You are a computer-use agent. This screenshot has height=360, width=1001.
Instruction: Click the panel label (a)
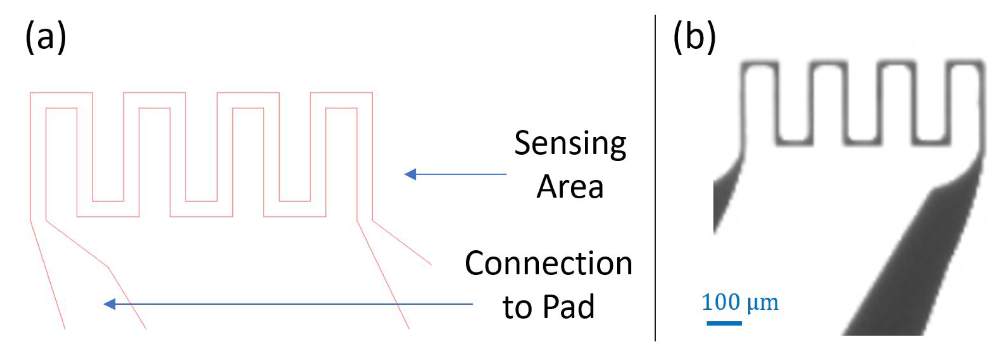point(46,37)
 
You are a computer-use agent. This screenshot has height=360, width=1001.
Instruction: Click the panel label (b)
point(694,37)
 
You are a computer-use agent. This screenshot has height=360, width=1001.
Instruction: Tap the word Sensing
point(570,143)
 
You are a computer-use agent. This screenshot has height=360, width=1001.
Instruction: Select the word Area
point(570,187)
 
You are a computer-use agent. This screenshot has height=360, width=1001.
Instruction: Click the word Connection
point(548,264)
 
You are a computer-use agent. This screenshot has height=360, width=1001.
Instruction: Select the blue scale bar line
point(724,323)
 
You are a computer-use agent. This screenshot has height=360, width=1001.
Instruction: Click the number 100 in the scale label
point(721,302)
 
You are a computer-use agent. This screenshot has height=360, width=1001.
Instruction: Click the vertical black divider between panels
point(655,179)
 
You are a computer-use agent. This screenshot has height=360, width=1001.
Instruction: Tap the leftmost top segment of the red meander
point(61,93)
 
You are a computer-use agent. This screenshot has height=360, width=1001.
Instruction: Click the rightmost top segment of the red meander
point(341,93)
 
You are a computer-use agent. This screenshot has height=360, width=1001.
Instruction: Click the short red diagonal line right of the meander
point(402,243)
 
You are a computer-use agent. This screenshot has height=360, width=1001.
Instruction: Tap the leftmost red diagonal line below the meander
point(48,274)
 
